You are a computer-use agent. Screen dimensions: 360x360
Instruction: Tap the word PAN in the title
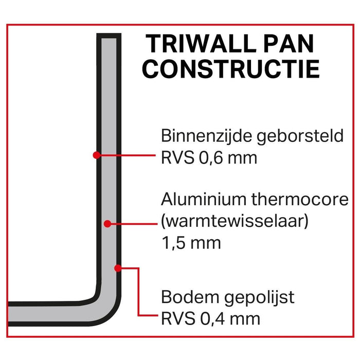click(287, 44)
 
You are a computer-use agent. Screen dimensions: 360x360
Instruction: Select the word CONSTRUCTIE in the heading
click(231, 69)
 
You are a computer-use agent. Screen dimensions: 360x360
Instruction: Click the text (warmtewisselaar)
click(235, 222)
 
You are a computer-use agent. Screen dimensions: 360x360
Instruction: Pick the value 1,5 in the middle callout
click(172, 242)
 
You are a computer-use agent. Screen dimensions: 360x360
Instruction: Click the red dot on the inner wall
click(96, 154)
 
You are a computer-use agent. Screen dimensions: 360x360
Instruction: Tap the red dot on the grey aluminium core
click(107, 224)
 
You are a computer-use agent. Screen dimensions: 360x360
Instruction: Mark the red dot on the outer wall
click(118, 268)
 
